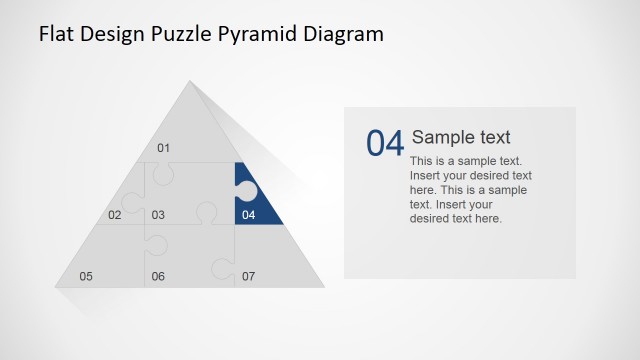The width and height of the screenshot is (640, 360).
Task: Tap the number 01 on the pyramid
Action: tap(164, 149)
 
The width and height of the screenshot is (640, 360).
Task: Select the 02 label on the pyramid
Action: tap(115, 215)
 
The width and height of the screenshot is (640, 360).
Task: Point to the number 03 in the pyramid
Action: tap(158, 215)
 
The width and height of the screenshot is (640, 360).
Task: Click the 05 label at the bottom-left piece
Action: tap(86, 276)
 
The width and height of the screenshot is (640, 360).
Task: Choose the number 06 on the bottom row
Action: tap(158, 276)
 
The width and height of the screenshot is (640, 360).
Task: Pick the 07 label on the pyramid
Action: tap(248, 276)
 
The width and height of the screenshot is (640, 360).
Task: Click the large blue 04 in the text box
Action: tap(385, 144)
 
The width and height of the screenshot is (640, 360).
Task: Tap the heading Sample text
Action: tap(461, 138)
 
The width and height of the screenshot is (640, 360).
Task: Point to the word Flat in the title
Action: tap(56, 34)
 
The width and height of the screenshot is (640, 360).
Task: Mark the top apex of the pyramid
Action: tap(189, 81)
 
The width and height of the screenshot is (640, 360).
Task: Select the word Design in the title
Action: tap(116, 34)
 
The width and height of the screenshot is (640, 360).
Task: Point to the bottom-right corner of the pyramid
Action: tap(324, 287)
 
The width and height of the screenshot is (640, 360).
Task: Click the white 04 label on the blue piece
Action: tap(248, 215)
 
